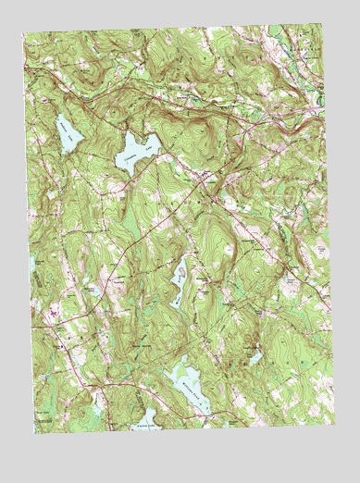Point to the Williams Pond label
tap(188, 378)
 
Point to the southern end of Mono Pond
tap(174, 302)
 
